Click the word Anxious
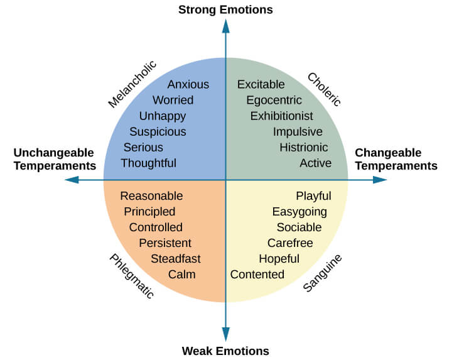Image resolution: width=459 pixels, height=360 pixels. tap(188, 84)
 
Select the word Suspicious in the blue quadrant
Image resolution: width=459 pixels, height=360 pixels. tap(158, 131)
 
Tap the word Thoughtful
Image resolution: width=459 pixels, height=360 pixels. tap(148, 163)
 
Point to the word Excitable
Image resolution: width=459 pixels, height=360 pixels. tap(261, 84)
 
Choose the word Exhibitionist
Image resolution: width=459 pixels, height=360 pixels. tap(281, 116)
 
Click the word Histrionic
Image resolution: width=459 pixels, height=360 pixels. tap(303, 147)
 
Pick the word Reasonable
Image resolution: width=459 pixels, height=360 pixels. tap(151, 196)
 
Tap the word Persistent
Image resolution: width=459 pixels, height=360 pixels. tap(165, 243)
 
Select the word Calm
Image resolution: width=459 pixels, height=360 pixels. tap(181, 274)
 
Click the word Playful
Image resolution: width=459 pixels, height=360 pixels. tap(313, 196)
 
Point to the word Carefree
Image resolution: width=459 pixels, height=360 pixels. tap(290, 243)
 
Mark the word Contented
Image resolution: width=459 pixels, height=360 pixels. tap(257, 274)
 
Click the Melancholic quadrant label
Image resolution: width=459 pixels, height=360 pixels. tap(132, 84)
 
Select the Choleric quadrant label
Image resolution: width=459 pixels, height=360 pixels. tap(324, 89)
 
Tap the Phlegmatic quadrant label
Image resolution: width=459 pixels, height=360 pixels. tap(131, 276)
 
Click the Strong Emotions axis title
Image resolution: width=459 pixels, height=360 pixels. tap(225, 9)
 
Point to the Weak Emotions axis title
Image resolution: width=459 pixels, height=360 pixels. tap(225, 351)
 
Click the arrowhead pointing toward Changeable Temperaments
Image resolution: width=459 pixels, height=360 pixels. tap(380, 180)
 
